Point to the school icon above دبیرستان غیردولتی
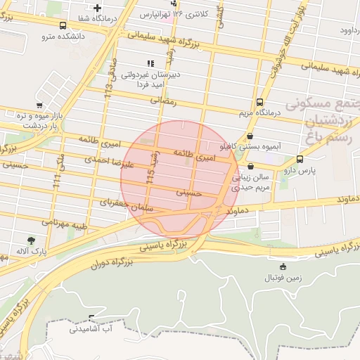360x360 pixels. [x=150, y=63]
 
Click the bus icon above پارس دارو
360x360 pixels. [x=300, y=159]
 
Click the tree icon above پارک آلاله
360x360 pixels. [x=31, y=240]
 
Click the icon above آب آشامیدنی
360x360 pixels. [x=92, y=317]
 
